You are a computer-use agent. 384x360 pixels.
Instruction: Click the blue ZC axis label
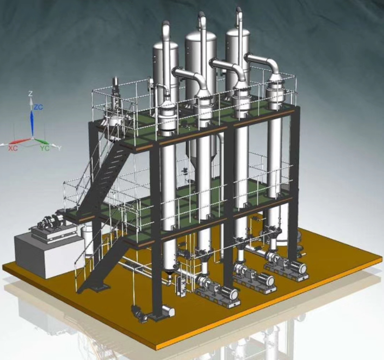[x=38, y=107]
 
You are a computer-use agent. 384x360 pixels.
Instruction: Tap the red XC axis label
[x=13, y=148]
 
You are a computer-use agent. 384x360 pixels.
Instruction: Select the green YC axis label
[x=45, y=148]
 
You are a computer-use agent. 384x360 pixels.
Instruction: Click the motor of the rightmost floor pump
[x=297, y=268]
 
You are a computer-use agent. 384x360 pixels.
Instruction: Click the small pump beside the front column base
[x=140, y=313]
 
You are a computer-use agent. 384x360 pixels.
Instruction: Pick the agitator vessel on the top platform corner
[x=114, y=110]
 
